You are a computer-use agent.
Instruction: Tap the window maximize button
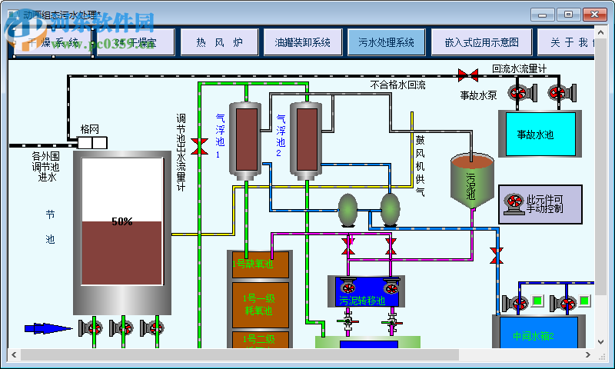[x=567, y=14]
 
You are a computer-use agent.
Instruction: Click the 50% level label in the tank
[x=121, y=221]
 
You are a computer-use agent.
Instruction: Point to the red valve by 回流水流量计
[x=466, y=75]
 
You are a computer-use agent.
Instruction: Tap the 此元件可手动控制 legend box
[x=540, y=204]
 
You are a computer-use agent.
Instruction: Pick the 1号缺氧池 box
[x=259, y=264]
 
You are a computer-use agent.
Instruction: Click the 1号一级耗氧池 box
[x=259, y=303]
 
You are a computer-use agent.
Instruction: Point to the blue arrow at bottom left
[x=48, y=328]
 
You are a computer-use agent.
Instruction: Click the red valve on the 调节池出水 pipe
[x=199, y=146]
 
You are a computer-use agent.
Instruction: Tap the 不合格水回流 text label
[x=397, y=85]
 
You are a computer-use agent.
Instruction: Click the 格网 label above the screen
[x=90, y=128]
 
